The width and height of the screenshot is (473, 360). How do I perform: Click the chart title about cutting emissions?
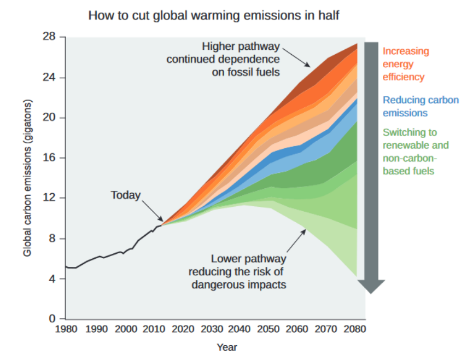(214, 15)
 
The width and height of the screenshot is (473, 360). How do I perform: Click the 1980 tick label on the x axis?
(66, 329)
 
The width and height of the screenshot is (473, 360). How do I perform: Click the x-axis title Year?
(226, 347)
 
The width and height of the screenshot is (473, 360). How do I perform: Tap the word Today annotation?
(126, 195)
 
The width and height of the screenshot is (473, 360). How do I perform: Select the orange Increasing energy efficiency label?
(406, 64)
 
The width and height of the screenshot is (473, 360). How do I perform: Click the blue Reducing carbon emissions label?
(421, 106)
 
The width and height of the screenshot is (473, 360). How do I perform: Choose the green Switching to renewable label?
(416, 152)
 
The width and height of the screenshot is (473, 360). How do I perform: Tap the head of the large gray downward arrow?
(371, 286)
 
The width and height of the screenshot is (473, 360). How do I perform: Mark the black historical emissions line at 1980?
(66, 266)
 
